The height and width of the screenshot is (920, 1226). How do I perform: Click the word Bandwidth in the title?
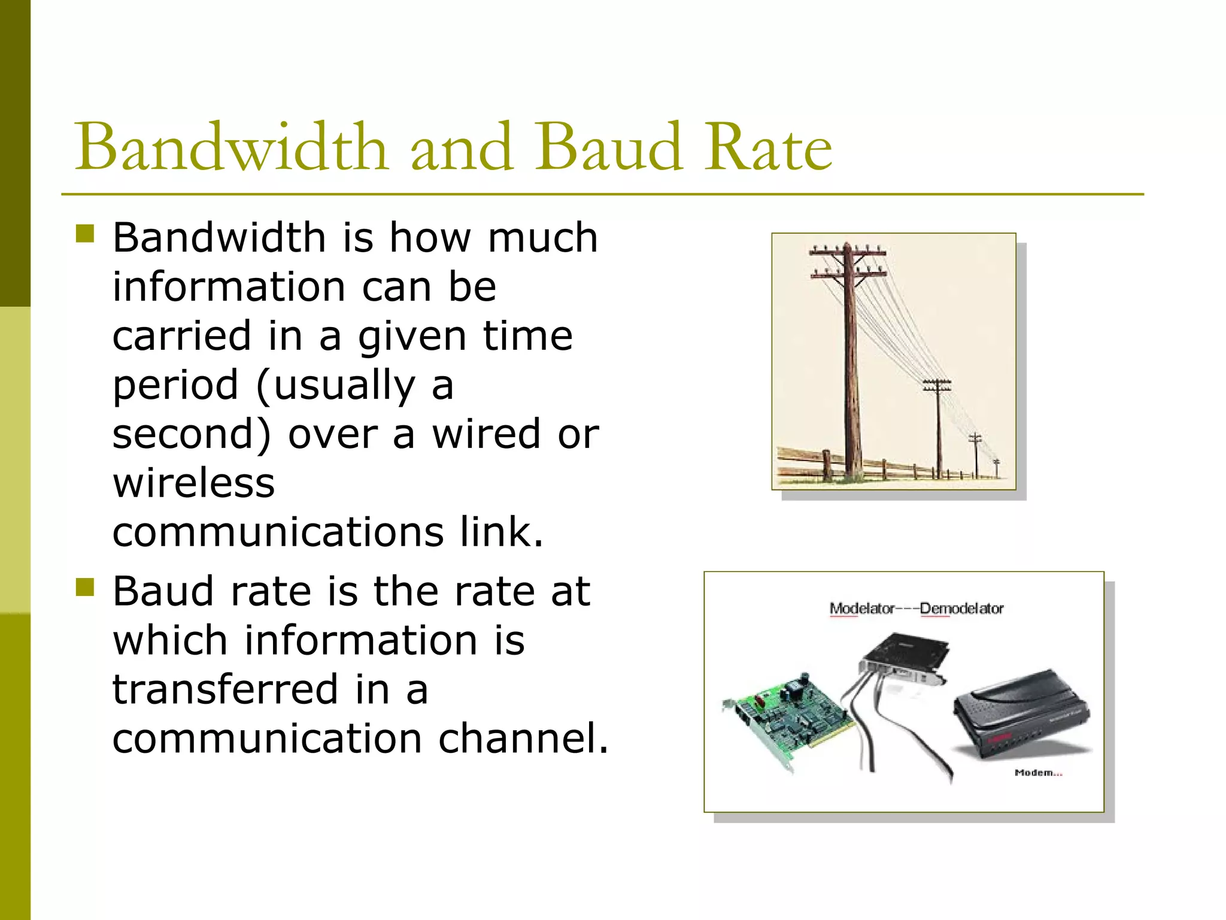click(230, 147)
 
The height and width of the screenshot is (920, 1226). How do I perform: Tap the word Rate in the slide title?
click(768, 147)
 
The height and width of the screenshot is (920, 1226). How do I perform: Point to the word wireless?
click(193, 483)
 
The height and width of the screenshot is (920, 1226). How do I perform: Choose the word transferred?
click(225, 689)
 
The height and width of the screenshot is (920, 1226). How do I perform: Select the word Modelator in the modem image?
click(861, 609)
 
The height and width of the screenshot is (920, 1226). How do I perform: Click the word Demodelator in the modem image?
click(961, 609)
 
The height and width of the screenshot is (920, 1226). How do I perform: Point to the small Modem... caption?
click(1038, 773)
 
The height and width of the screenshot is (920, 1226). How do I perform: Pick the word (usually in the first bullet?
click(335, 386)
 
